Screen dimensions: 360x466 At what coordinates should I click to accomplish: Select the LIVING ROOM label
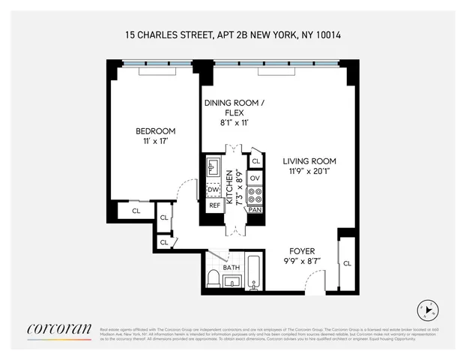309,160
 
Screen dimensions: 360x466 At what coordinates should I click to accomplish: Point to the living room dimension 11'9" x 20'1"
309,171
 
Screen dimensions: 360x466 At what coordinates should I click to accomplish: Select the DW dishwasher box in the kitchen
213,189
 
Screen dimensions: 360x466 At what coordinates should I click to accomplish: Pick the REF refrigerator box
214,205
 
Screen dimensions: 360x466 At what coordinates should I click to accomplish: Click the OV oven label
255,178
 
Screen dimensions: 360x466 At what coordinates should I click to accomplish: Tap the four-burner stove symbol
255,196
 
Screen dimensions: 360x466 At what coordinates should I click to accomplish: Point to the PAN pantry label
255,211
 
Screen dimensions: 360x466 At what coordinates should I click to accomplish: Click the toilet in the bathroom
213,280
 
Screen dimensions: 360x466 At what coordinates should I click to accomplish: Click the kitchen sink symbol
212,166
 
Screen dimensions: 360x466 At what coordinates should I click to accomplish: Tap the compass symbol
428,310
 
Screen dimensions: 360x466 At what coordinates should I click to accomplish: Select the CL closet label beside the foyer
346,263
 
